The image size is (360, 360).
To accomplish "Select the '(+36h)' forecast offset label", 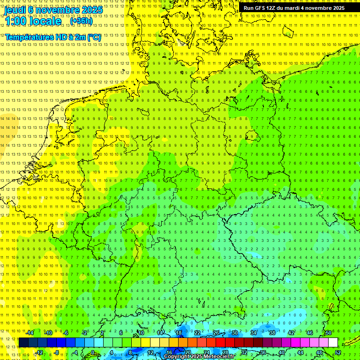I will point(81,21).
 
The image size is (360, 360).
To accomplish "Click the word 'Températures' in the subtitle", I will point(30,37).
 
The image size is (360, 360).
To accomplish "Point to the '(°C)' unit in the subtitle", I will point(93,37).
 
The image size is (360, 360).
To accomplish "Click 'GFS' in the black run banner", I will point(260,8).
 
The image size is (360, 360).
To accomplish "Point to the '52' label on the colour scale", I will point(338,352).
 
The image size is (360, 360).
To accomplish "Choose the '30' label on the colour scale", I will point(234,333).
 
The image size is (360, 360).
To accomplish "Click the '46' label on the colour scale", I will point(309,333).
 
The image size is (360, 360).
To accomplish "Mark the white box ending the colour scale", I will point(333,342).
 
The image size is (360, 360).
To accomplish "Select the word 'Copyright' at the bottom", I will point(176,357).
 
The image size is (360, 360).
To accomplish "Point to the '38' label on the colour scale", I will point(272,333).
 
